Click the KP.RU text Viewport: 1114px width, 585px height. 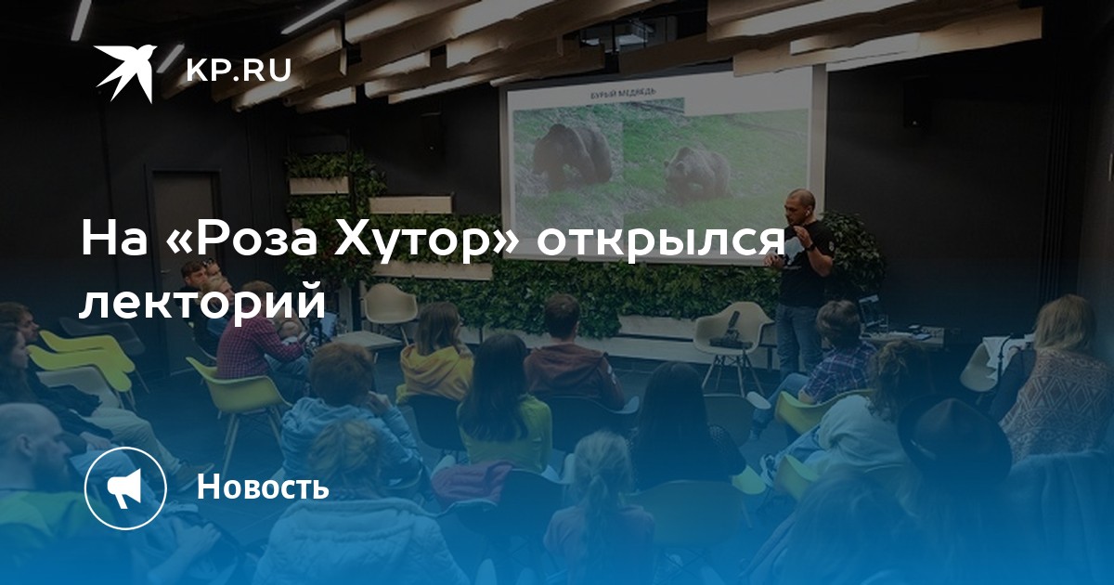239,71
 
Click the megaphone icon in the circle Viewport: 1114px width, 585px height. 125,488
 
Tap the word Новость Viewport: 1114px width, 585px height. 263,486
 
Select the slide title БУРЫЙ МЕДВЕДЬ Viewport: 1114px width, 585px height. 622,93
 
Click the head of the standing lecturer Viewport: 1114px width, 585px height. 800,206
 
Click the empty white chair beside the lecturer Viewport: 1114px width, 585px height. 732,344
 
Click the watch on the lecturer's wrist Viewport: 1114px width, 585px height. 810,247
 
